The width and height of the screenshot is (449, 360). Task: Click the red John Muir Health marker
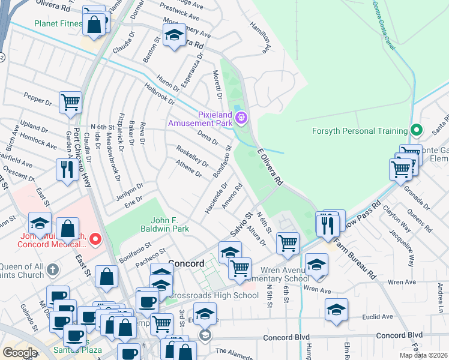[x=94, y=240]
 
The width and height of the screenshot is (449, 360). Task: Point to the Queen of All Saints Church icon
[x=53, y=268]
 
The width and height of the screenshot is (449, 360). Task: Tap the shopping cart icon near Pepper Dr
[x=70, y=103]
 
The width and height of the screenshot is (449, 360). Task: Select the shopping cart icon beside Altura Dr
[x=288, y=242]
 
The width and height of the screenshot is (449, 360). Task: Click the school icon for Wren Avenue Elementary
[x=316, y=264]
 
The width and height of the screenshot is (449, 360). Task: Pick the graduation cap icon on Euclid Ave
[x=336, y=310]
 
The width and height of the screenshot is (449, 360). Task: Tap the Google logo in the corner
[x=20, y=352]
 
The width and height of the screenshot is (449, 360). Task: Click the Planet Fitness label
[x=58, y=24]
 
